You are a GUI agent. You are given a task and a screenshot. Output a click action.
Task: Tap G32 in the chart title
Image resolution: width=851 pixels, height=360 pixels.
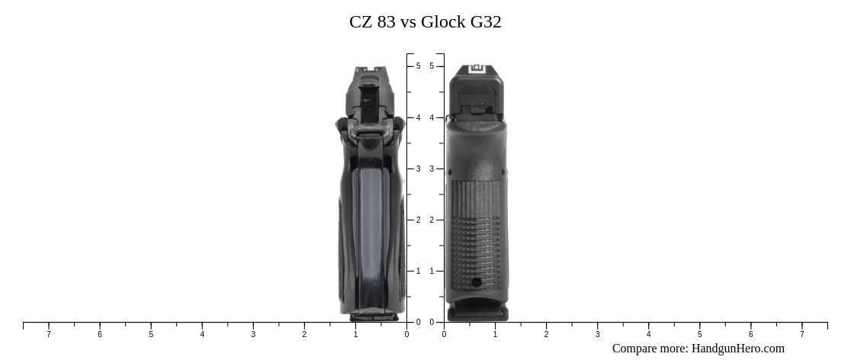tap(486, 22)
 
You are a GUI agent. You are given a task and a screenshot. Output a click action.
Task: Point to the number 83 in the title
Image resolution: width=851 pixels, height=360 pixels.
tap(386, 22)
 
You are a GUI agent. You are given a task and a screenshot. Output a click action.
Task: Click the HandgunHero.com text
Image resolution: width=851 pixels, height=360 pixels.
tap(737, 349)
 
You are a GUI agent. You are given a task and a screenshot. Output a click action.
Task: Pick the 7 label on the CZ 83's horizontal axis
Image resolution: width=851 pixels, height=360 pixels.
tap(49, 334)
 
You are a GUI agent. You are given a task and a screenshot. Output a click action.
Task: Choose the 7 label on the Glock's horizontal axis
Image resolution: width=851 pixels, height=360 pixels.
tap(801, 334)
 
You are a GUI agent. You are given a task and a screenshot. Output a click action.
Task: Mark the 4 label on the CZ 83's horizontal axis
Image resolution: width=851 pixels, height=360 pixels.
tap(202, 334)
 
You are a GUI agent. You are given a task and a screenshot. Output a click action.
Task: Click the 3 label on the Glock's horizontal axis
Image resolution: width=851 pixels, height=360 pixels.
tap(597, 334)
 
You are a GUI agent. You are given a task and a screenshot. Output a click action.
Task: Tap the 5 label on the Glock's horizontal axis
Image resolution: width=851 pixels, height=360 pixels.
tap(699, 334)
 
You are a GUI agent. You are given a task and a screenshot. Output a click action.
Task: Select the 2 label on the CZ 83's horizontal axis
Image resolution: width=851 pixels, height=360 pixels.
tap(304, 334)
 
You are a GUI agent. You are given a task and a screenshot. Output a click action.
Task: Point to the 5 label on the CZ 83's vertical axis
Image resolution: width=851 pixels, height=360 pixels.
tap(418, 66)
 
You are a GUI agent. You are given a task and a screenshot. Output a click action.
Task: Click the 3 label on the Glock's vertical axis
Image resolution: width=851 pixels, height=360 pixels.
tap(432, 169)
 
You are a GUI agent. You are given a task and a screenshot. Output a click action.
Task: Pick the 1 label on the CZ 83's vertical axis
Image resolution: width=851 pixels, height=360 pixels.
tap(418, 271)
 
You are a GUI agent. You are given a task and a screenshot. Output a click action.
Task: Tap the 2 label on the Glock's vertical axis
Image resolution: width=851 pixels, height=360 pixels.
tap(432, 220)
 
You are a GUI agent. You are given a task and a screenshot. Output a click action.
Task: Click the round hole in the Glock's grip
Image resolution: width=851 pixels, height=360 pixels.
tap(477, 282)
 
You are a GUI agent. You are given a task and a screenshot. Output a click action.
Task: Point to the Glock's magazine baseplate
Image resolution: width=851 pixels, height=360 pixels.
tap(477, 313)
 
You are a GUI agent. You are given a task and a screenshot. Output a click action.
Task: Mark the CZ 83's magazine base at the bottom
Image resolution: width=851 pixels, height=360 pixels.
tap(374, 315)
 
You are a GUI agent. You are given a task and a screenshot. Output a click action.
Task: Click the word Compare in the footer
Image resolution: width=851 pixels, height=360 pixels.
tap(636, 349)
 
